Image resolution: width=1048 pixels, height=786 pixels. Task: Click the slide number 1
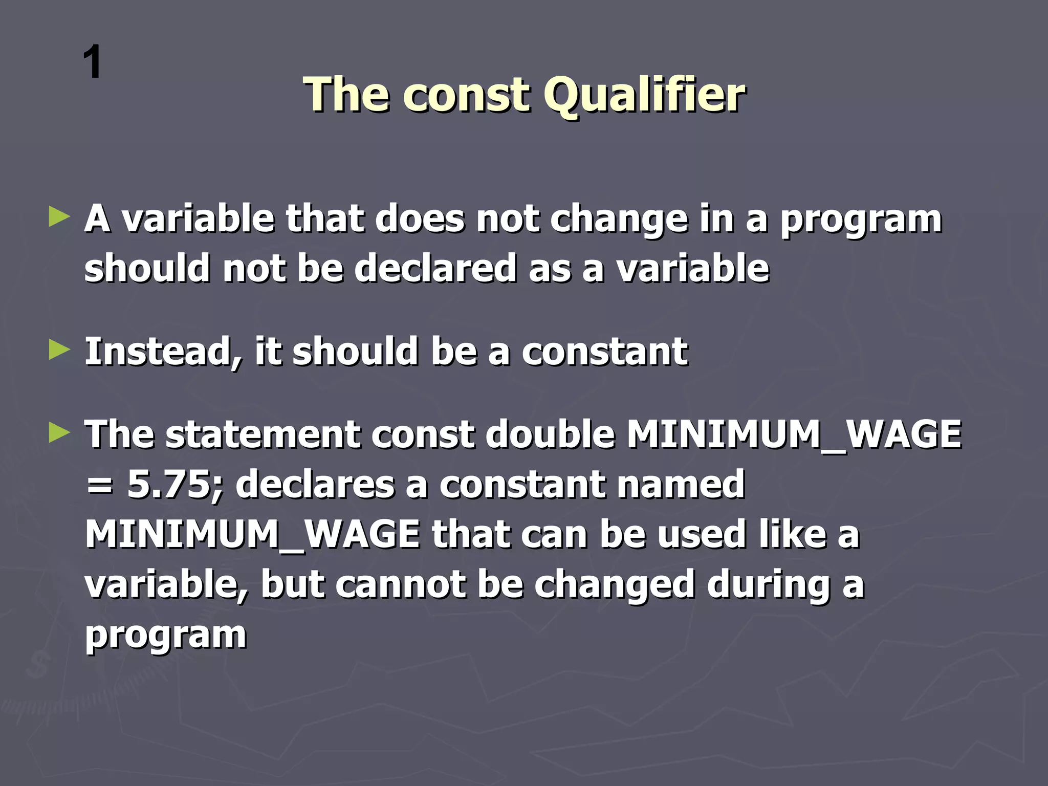[93, 62]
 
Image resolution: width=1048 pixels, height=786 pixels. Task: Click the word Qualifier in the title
[644, 95]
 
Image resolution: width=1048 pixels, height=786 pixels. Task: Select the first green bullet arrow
[59, 217]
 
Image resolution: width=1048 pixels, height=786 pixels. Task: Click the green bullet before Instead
[59, 351]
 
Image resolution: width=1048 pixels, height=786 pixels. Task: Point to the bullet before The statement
[59, 433]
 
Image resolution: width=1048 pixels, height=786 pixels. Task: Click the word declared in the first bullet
[435, 268]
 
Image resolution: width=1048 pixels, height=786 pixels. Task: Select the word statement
[263, 434]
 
